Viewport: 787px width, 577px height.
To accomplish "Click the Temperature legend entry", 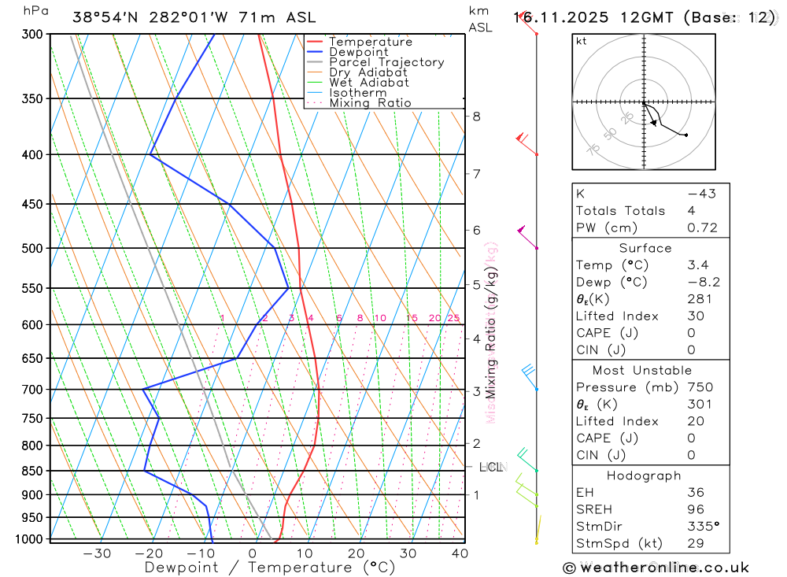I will pos(370,42).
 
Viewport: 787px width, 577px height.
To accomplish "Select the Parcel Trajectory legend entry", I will pos(386,62).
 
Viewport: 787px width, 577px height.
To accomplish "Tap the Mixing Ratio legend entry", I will pos(370,103).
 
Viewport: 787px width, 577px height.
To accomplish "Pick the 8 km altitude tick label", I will pos(476,117).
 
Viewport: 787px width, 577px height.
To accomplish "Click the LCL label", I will pos(490,468).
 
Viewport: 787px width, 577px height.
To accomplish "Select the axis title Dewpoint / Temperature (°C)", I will pos(270,568).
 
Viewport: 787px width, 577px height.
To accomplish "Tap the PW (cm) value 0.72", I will pos(702,228).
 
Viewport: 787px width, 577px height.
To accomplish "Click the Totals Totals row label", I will pos(620,211).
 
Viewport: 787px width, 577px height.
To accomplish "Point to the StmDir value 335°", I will pos(702,526).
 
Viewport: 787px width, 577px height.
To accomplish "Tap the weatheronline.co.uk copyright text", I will pos(656,568).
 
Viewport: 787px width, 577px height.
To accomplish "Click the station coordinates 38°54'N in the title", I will pos(105,17).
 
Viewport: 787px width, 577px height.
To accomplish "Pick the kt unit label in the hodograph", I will pos(582,42).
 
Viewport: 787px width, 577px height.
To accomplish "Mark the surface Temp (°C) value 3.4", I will pos(696,265).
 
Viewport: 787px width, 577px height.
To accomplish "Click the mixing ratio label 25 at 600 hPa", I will pos(453,318).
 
